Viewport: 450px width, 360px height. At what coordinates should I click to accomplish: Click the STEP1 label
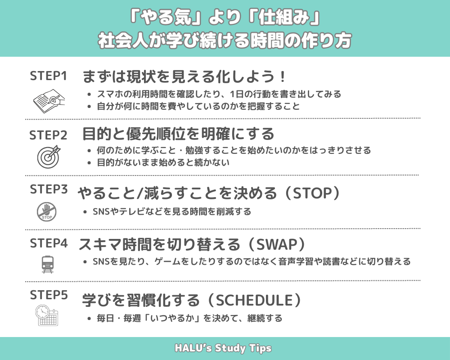coord(48,76)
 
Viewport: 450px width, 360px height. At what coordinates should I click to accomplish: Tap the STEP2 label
coord(48,135)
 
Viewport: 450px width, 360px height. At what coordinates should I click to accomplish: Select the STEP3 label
coord(49,189)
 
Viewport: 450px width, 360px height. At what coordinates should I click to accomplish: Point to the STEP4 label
coord(49,243)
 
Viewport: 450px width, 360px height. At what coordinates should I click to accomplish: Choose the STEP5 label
coord(49,295)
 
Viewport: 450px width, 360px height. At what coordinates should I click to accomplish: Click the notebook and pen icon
coord(49,101)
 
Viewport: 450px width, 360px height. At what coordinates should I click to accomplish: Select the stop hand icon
coord(46,212)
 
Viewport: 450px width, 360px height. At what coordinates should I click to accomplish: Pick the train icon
coord(47,265)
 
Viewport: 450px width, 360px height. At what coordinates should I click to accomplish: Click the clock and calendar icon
coord(47,315)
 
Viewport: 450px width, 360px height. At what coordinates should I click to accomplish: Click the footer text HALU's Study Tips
coord(223,348)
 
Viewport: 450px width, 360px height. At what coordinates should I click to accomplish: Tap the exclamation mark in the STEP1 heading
coord(283,77)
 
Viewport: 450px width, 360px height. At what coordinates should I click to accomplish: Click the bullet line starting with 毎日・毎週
coord(189,318)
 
